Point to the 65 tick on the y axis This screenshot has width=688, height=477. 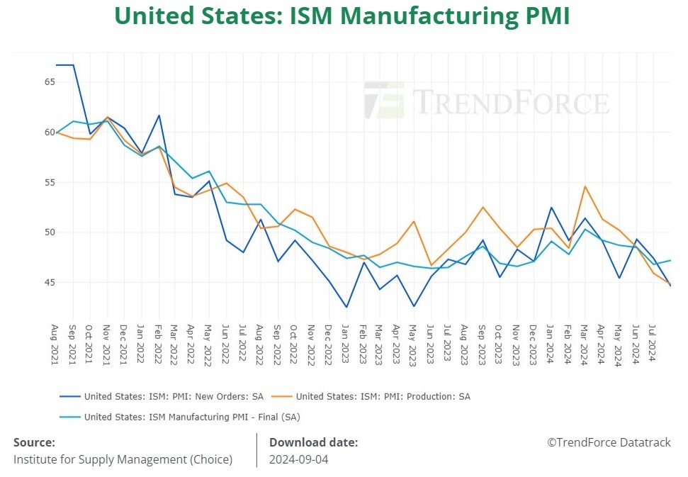pos(50,82)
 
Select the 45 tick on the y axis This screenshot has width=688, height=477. pos(50,283)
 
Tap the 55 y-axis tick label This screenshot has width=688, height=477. pos(50,182)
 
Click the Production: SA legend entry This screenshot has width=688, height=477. pos(383,396)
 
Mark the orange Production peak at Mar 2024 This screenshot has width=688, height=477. pos(585,186)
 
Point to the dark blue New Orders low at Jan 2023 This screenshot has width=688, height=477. pos(346,307)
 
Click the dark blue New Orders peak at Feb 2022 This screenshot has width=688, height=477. pos(159,116)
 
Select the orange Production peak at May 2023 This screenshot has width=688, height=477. pos(415,221)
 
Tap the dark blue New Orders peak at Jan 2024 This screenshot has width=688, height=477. pos(551,208)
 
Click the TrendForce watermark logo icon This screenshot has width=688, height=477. pos(384,100)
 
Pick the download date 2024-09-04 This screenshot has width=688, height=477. pos(298,459)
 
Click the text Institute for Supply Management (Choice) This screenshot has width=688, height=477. pos(123,459)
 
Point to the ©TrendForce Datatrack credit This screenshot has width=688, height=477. pos(609,442)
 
